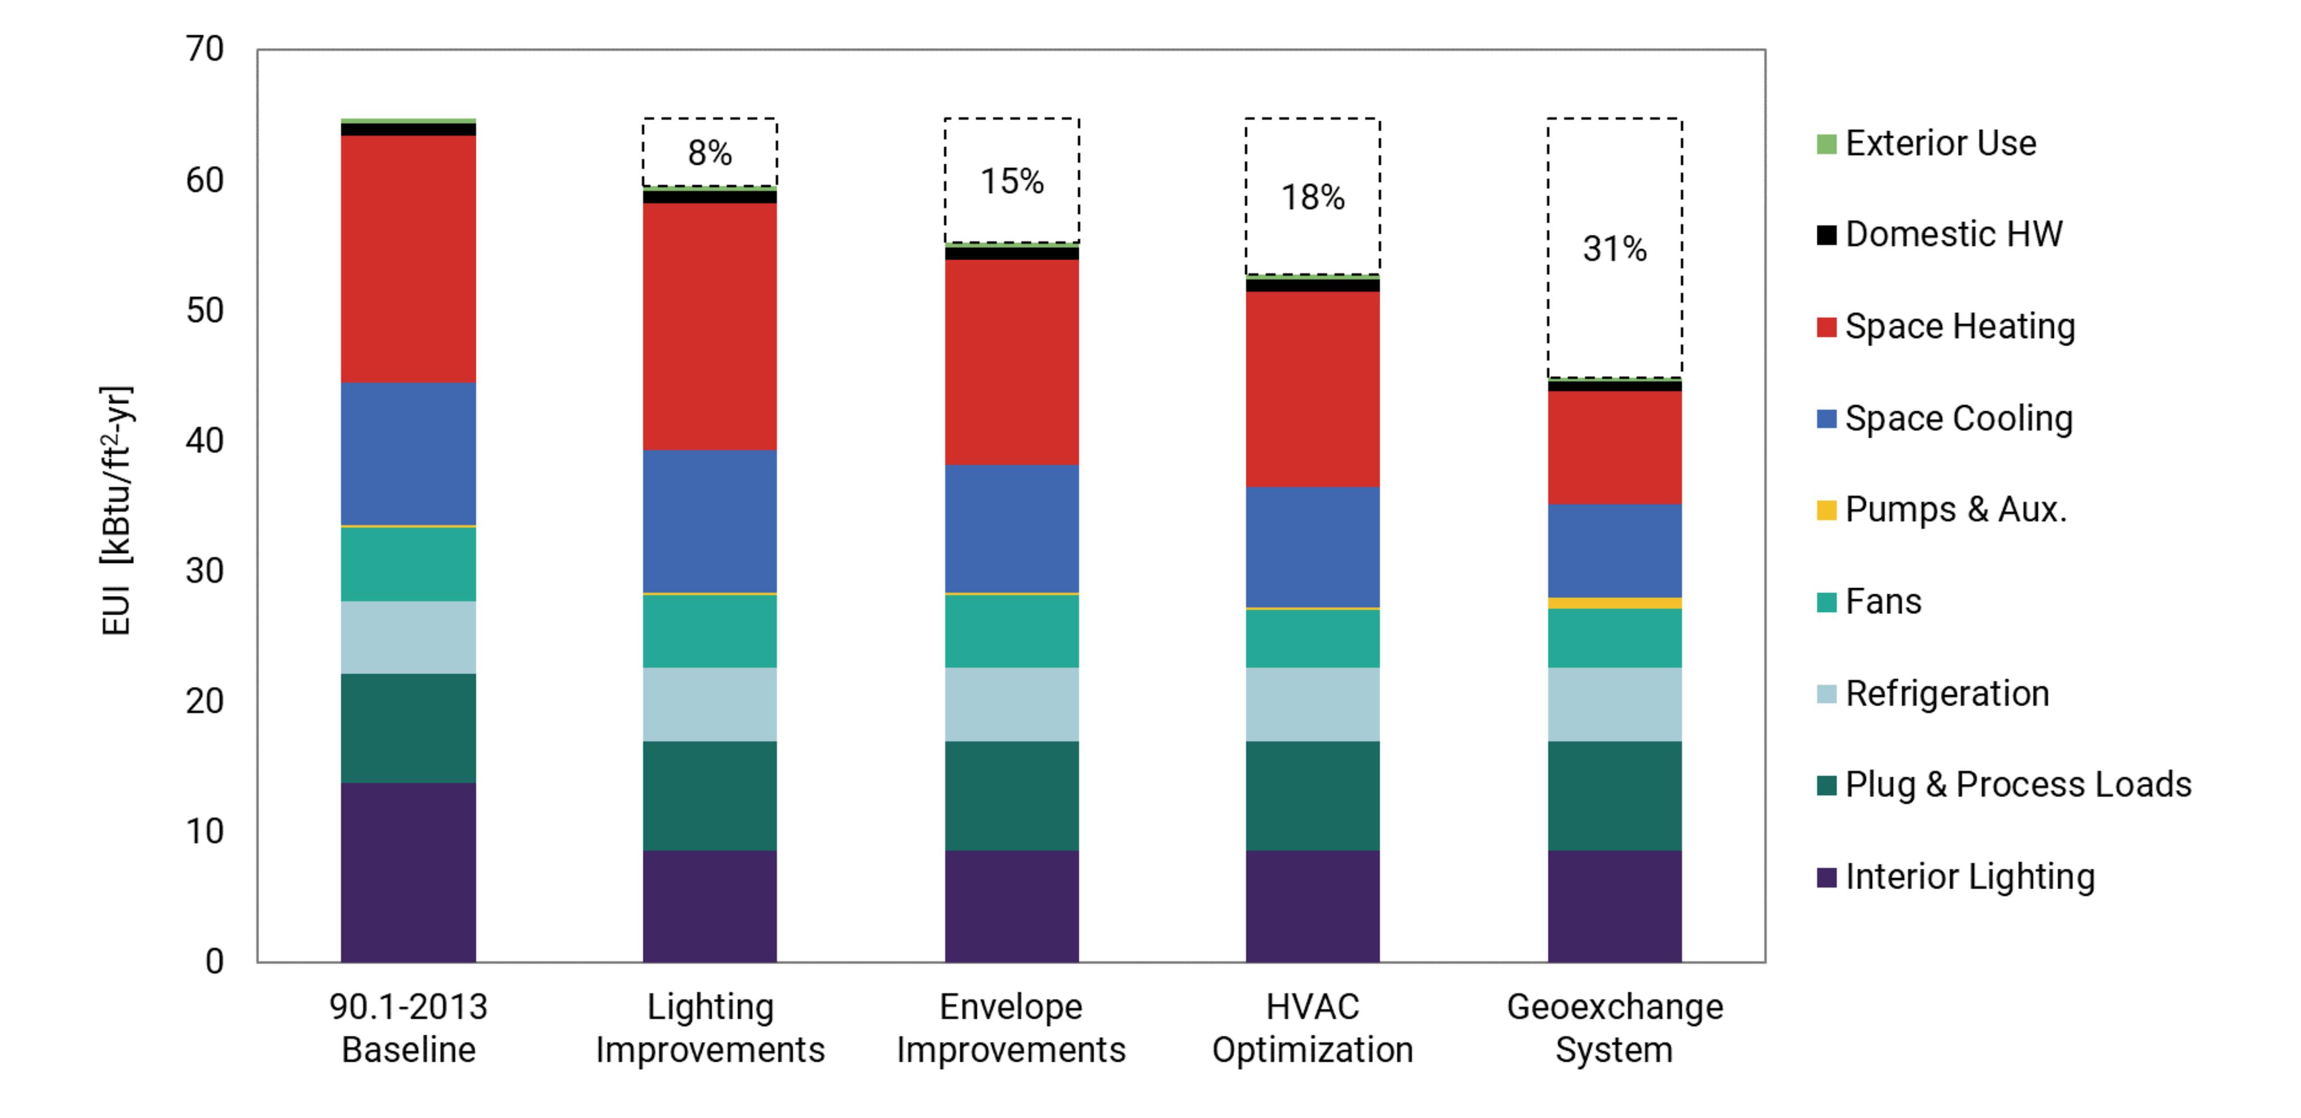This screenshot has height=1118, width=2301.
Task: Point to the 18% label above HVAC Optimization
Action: pos(1312,198)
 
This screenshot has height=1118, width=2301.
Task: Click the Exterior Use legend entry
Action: pos(1940,143)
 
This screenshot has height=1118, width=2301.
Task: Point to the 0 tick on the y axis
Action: pos(214,962)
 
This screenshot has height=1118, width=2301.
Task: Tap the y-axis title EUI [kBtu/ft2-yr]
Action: pos(117,511)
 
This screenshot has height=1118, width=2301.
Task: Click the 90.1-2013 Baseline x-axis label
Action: pos(408,1028)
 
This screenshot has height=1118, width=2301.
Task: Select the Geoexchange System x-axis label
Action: pos(1614,1028)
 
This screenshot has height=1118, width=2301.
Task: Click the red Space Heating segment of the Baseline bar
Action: pos(408,259)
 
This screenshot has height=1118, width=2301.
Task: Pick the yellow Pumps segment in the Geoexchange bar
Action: pos(1614,603)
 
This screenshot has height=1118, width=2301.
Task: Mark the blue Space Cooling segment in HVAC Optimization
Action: pos(1312,547)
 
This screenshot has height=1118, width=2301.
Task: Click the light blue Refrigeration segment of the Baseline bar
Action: pos(408,637)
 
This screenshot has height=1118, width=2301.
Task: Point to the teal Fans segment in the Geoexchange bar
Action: pos(1614,638)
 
